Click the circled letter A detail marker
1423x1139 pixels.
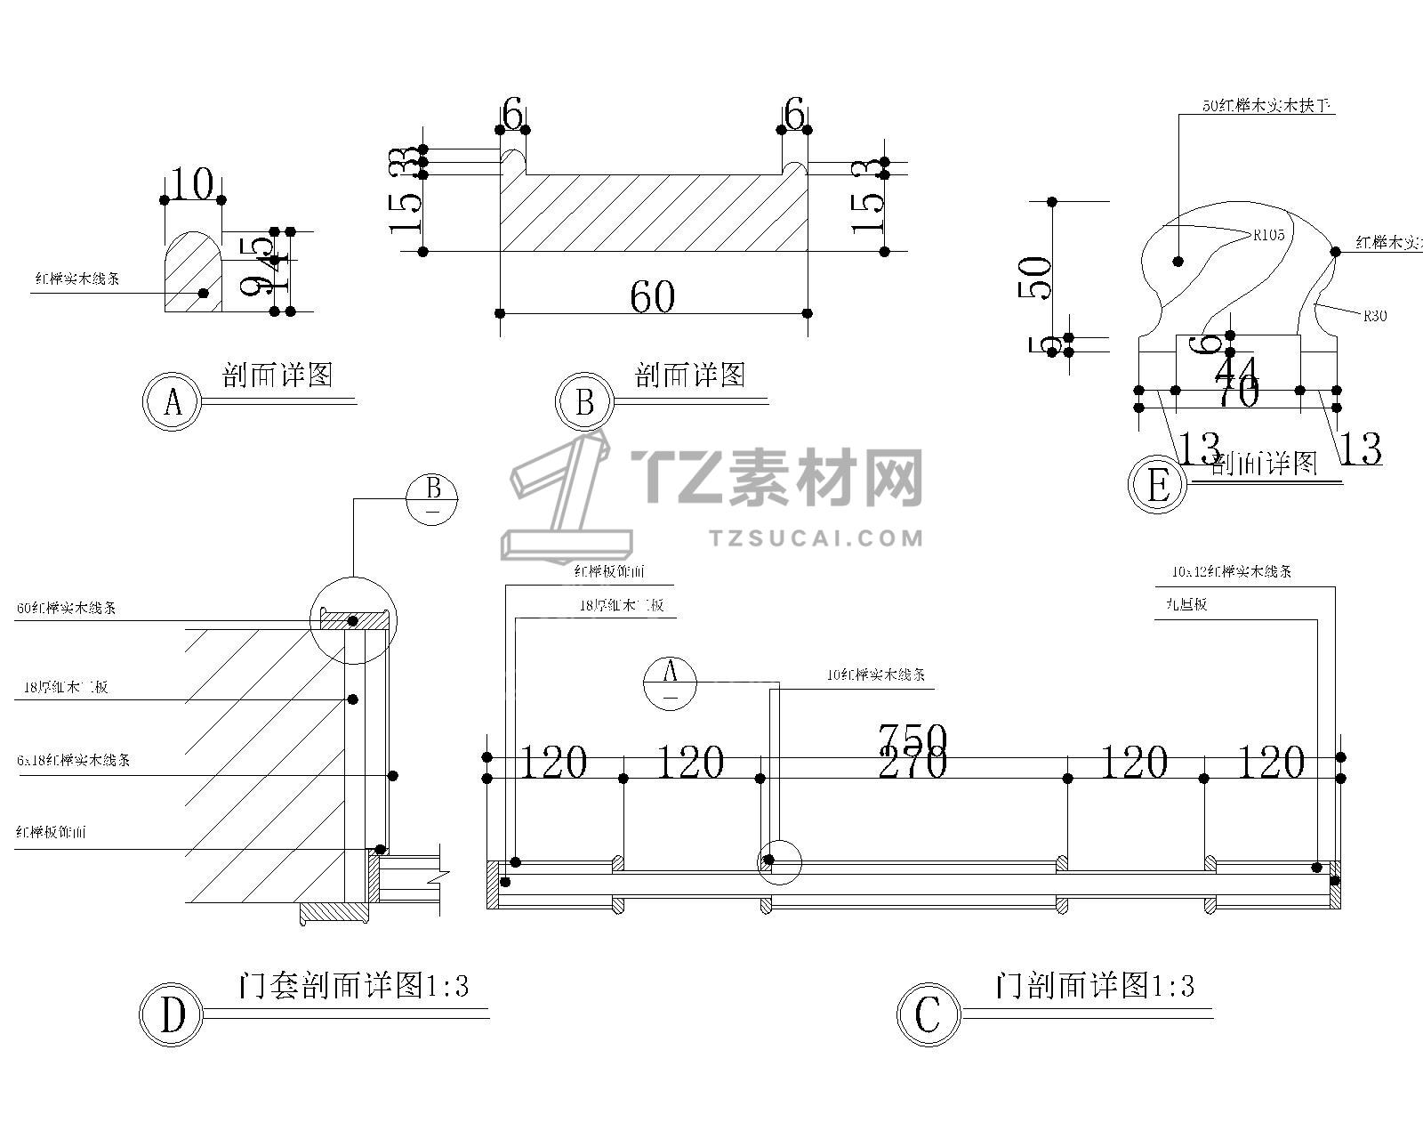[x=173, y=402]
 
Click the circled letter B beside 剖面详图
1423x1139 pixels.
[x=584, y=402]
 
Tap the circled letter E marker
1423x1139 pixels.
[x=1157, y=486]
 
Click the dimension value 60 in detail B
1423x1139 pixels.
[x=652, y=297]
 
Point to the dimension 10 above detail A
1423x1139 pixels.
[x=191, y=185]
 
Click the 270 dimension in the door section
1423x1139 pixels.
[x=912, y=763]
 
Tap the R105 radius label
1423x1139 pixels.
[x=1269, y=236]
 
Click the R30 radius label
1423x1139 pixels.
[x=1374, y=315]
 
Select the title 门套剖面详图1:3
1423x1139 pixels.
[x=353, y=986]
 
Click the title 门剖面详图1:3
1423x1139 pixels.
[x=1095, y=986]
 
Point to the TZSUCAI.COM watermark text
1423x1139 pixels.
[x=817, y=537]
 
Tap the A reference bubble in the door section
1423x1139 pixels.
[x=671, y=683]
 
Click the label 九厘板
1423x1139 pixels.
[x=1186, y=605]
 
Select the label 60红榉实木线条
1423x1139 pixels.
[x=66, y=609]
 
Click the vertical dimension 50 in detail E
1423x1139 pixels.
[x=1039, y=277]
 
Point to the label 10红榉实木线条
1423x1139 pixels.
[x=875, y=675]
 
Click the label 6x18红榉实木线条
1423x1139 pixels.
[x=73, y=761]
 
